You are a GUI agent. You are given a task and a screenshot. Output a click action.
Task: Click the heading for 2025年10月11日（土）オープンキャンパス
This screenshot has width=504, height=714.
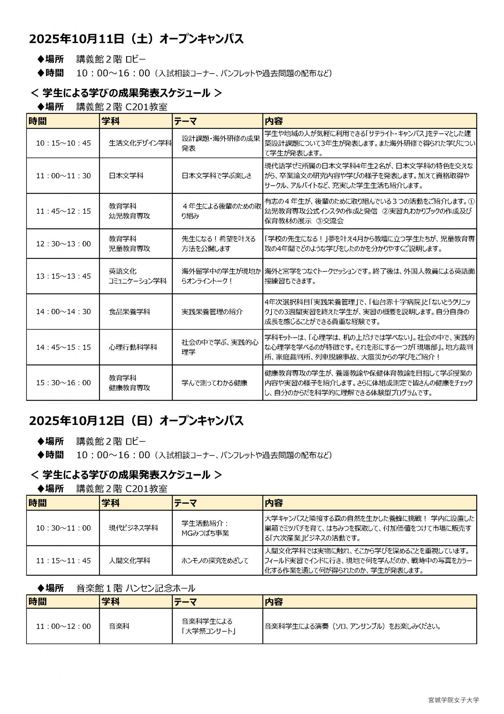136,39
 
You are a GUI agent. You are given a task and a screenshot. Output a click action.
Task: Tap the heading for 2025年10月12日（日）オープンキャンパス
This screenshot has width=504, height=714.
136,421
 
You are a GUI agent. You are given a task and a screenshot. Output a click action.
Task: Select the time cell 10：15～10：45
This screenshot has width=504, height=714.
63,143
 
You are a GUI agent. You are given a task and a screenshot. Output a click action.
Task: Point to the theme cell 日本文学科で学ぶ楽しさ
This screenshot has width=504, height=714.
216,176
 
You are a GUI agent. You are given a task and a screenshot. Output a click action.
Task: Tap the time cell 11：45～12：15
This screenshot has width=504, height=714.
63,211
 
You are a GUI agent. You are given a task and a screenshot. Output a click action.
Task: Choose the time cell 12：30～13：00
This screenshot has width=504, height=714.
63,244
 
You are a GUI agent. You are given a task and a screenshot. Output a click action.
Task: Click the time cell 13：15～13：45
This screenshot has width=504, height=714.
63,276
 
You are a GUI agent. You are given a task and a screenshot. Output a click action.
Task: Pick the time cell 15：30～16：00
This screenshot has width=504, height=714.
63,383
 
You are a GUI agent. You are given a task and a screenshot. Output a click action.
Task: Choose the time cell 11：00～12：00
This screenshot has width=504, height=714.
63,626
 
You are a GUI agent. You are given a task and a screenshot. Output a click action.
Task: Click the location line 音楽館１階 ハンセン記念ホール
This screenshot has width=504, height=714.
136,588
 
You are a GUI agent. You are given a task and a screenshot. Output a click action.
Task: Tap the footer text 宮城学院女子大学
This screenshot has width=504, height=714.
454,700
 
